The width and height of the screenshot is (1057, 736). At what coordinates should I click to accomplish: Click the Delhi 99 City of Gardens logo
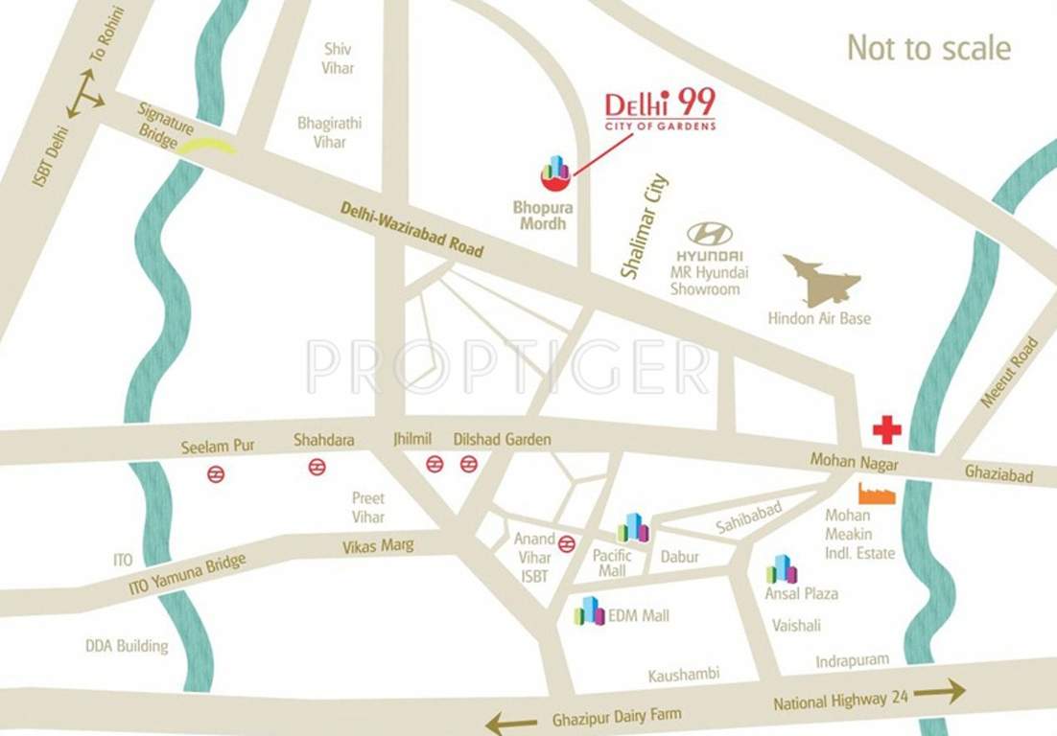[x=660, y=108]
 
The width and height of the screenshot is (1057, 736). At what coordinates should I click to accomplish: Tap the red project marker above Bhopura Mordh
[x=555, y=172]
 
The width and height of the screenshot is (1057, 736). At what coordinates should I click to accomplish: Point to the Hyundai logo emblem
[x=710, y=233]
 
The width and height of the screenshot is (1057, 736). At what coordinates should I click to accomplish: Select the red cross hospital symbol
[x=886, y=429]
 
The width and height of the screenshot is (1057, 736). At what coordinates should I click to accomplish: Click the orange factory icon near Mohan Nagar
[x=876, y=494]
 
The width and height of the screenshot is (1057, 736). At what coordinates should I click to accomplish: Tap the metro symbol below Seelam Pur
[x=216, y=472]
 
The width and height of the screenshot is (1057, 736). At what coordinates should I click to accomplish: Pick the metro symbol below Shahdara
[x=317, y=467]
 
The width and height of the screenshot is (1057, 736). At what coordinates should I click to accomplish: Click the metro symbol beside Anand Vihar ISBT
[x=567, y=543]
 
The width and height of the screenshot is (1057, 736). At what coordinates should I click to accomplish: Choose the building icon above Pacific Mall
[x=633, y=527]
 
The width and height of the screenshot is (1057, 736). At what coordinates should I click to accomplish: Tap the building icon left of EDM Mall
[x=589, y=611]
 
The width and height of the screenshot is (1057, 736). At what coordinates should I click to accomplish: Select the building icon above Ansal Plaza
[x=782, y=569]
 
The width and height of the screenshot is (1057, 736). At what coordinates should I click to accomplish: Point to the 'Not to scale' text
[x=928, y=48]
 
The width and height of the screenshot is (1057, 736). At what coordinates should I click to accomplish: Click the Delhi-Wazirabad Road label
[x=412, y=229]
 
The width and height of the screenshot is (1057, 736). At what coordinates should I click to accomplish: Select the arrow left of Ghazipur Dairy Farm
[x=511, y=721]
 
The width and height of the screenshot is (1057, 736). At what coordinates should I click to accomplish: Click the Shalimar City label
[x=644, y=226]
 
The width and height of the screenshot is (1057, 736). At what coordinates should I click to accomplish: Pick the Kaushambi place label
[x=683, y=675]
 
